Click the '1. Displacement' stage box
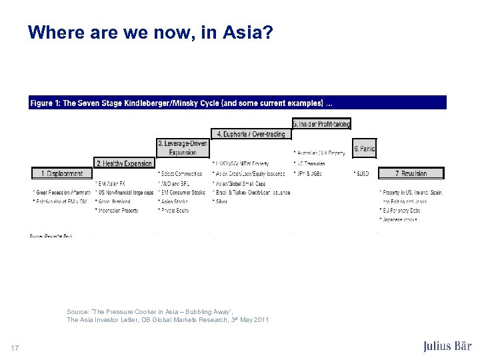[x=63, y=173]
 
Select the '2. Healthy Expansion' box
[x=125, y=163]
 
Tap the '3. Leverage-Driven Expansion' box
[x=183, y=147]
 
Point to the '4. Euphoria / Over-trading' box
[x=251, y=134]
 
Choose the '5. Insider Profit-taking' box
[x=321, y=123]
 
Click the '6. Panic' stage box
[x=364, y=148]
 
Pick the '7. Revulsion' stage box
[x=411, y=173]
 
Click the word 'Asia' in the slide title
[x=244, y=32]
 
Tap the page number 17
[x=15, y=347]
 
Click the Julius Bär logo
[x=447, y=346]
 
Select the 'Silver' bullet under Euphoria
[x=221, y=201]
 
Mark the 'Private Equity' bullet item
[x=174, y=211]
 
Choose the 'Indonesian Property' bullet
[x=117, y=211]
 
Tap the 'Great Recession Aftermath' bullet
[x=62, y=192]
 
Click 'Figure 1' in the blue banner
[x=45, y=103]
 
